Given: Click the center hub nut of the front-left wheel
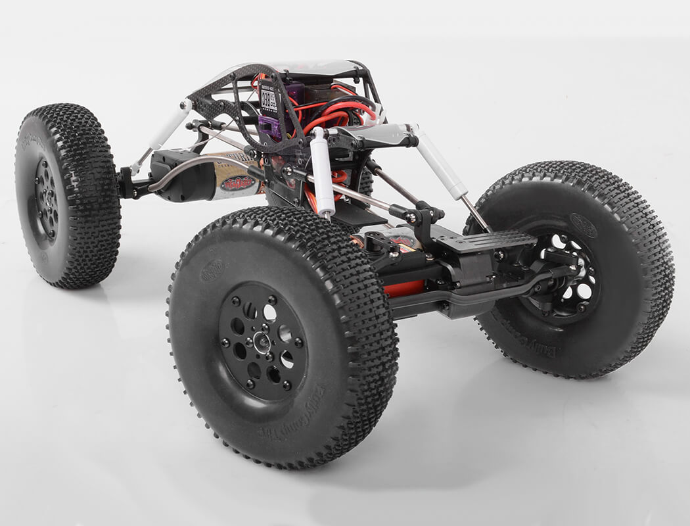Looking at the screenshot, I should tap(262, 342).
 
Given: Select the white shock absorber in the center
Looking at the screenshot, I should tap(323, 172).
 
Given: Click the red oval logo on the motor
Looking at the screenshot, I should tap(237, 183).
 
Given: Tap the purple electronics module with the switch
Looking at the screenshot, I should tap(271, 125).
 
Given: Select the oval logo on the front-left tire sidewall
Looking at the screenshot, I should tap(212, 270).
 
